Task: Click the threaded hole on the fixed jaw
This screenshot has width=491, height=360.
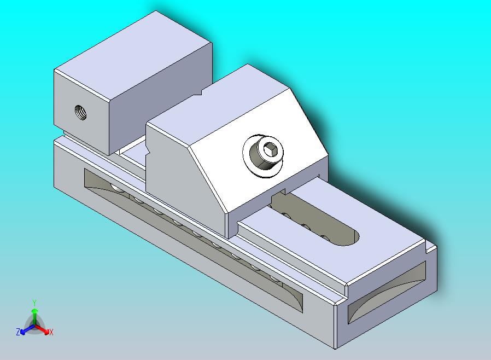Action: click(x=81, y=112)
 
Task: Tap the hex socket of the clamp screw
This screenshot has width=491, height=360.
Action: click(x=270, y=150)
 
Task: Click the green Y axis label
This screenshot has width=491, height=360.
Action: click(x=34, y=303)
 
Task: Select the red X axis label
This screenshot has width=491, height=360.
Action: click(x=51, y=332)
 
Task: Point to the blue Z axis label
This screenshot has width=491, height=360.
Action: click(x=18, y=332)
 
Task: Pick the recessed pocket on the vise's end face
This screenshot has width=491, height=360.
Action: click(x=387, y=292)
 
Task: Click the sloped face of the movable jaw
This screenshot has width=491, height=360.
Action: click(x=260, y=150)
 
